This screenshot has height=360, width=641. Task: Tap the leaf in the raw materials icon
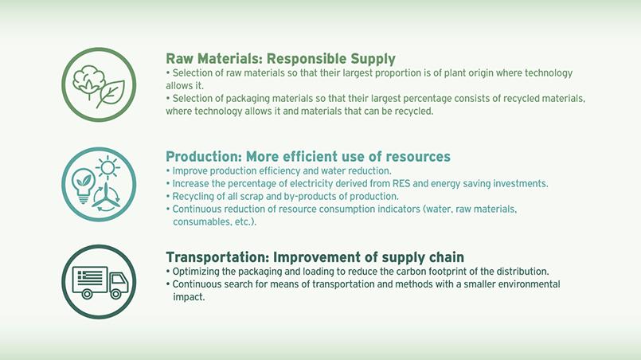[111, 94]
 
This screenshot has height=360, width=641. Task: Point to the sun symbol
[108, 167]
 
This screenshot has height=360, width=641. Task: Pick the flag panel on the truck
[90, 277]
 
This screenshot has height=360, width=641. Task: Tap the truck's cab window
[119, 280]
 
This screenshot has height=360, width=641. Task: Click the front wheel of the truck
[116, 294]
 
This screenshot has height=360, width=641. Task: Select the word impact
[189, 297]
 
